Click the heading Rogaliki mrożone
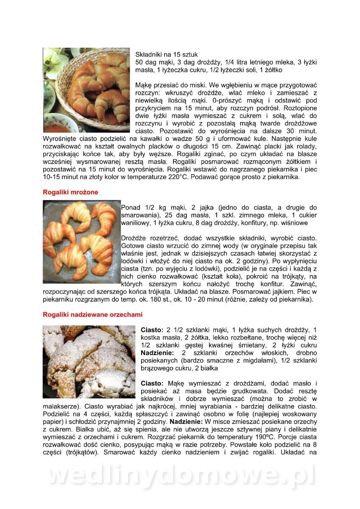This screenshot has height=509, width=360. click(x=70, y=192)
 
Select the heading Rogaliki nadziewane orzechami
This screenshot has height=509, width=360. click(x=92, y=315)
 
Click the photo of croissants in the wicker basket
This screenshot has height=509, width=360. click(x=86, y=90)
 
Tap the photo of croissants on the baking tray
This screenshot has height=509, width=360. click(x=81, y=241)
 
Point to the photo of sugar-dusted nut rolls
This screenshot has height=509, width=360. click(x=88, y=361)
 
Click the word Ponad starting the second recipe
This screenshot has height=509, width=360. click(x=131, y=207)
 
